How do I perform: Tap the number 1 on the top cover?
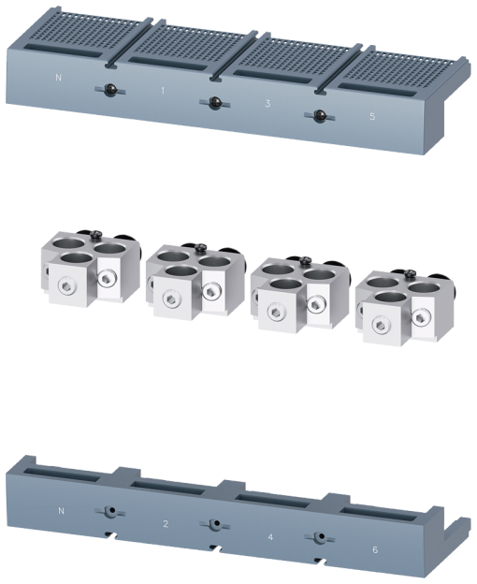(x=162, y=92)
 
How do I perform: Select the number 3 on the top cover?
(x=268, y=102)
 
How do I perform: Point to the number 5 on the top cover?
(x=373, y=116)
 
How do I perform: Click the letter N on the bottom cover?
(x=61, y=511)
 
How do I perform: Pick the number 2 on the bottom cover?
(x=166, y=523)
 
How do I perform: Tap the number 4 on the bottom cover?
(x=270, y=537)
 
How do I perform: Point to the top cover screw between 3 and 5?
(x=319, y=116)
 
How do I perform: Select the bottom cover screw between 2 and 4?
(x=214, y=524)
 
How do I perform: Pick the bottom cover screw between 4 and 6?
(x=319, y=538)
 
